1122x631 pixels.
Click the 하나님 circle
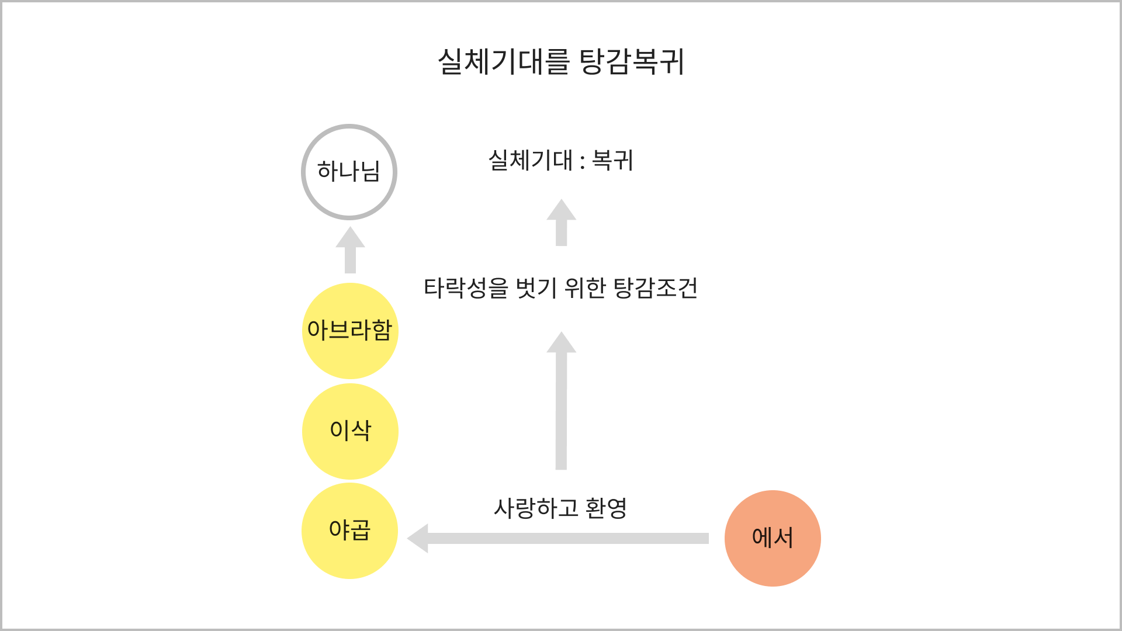pyautogui.click(x=349, y=172)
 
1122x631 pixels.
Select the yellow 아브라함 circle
pyautogui.click(x=349, y=331)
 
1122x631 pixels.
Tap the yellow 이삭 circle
pyautogui.click(x=349, y=431)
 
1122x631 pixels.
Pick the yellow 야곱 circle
pyautogui.click(x=349, y=531)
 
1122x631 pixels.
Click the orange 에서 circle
pyautogui.click(x=773, y=538)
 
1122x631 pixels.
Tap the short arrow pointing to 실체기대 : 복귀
pyautogui.click(x=561, y=223)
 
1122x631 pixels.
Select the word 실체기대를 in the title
pyautogui.click(x=503, y=61)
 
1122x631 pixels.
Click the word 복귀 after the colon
pyautogui.click(x=612, y=160)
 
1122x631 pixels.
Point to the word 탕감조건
pyautogui.click(x=656, y=288)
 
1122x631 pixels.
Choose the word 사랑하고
pyautogui.click(x=536, y=508)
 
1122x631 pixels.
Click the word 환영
pyautogui.click(x=606, y=508)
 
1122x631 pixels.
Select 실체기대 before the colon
pyautogui.click(x=531, y=160)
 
